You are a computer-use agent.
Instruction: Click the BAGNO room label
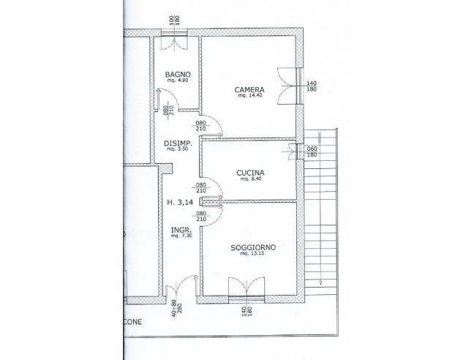click(178, 75)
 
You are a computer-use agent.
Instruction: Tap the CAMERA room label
click(249, 91)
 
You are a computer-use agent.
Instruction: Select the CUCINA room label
click(250, 173)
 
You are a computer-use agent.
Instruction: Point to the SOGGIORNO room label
click(252, 248)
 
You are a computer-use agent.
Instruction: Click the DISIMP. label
click(178, 143)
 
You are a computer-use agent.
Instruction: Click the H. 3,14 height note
click(179, 203)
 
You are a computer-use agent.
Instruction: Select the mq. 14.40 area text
click(250, 98)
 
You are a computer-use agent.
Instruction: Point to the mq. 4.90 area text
click(178, 81)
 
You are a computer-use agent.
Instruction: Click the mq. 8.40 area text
click(250, 180)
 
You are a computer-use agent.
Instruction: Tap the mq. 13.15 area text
click(252, 255)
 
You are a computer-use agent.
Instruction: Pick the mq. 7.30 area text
click(176, 236)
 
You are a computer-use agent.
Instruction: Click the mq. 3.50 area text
click(178, 149)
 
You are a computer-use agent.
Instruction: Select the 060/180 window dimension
click(312, 151)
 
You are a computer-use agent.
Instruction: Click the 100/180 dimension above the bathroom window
click(175, 22)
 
